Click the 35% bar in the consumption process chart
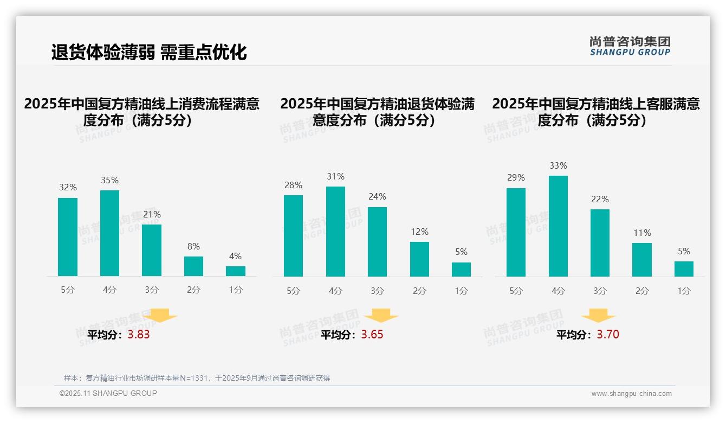tap(109, 233)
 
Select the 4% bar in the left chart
tap(236, 271)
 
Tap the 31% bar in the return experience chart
tap(335, 232)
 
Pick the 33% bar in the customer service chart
tap(558, 226)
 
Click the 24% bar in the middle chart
tap(377, 242)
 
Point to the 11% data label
tap(642, 233)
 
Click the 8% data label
tap(193, 246)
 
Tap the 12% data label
tap(419, 232)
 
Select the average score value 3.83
tap(139, 335)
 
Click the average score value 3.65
tap(372, 335)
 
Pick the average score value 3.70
tap(608, 335)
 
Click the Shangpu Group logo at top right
tap(630, 46)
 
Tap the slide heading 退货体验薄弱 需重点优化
tap(149, 52)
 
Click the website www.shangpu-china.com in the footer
tap(631, 394)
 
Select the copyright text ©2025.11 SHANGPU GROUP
tap(108, 393)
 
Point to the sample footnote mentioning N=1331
tap(197, 378)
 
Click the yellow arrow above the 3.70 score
tap(598, 316)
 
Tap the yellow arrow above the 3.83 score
tap(160, 315)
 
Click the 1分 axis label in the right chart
tap(684, 291)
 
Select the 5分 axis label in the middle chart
tap(293, 291)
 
